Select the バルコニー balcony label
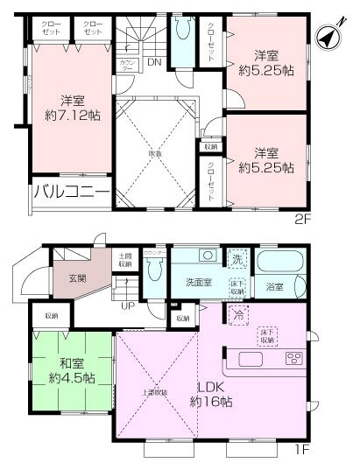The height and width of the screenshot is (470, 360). [71, 193]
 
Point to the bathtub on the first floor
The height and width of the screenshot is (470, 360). [278, 263]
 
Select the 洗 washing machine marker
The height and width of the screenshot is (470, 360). [238, 258]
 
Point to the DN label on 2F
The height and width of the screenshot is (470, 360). [153, 62]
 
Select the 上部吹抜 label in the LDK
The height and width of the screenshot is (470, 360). [155, 391]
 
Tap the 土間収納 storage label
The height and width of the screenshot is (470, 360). [126, 260]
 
